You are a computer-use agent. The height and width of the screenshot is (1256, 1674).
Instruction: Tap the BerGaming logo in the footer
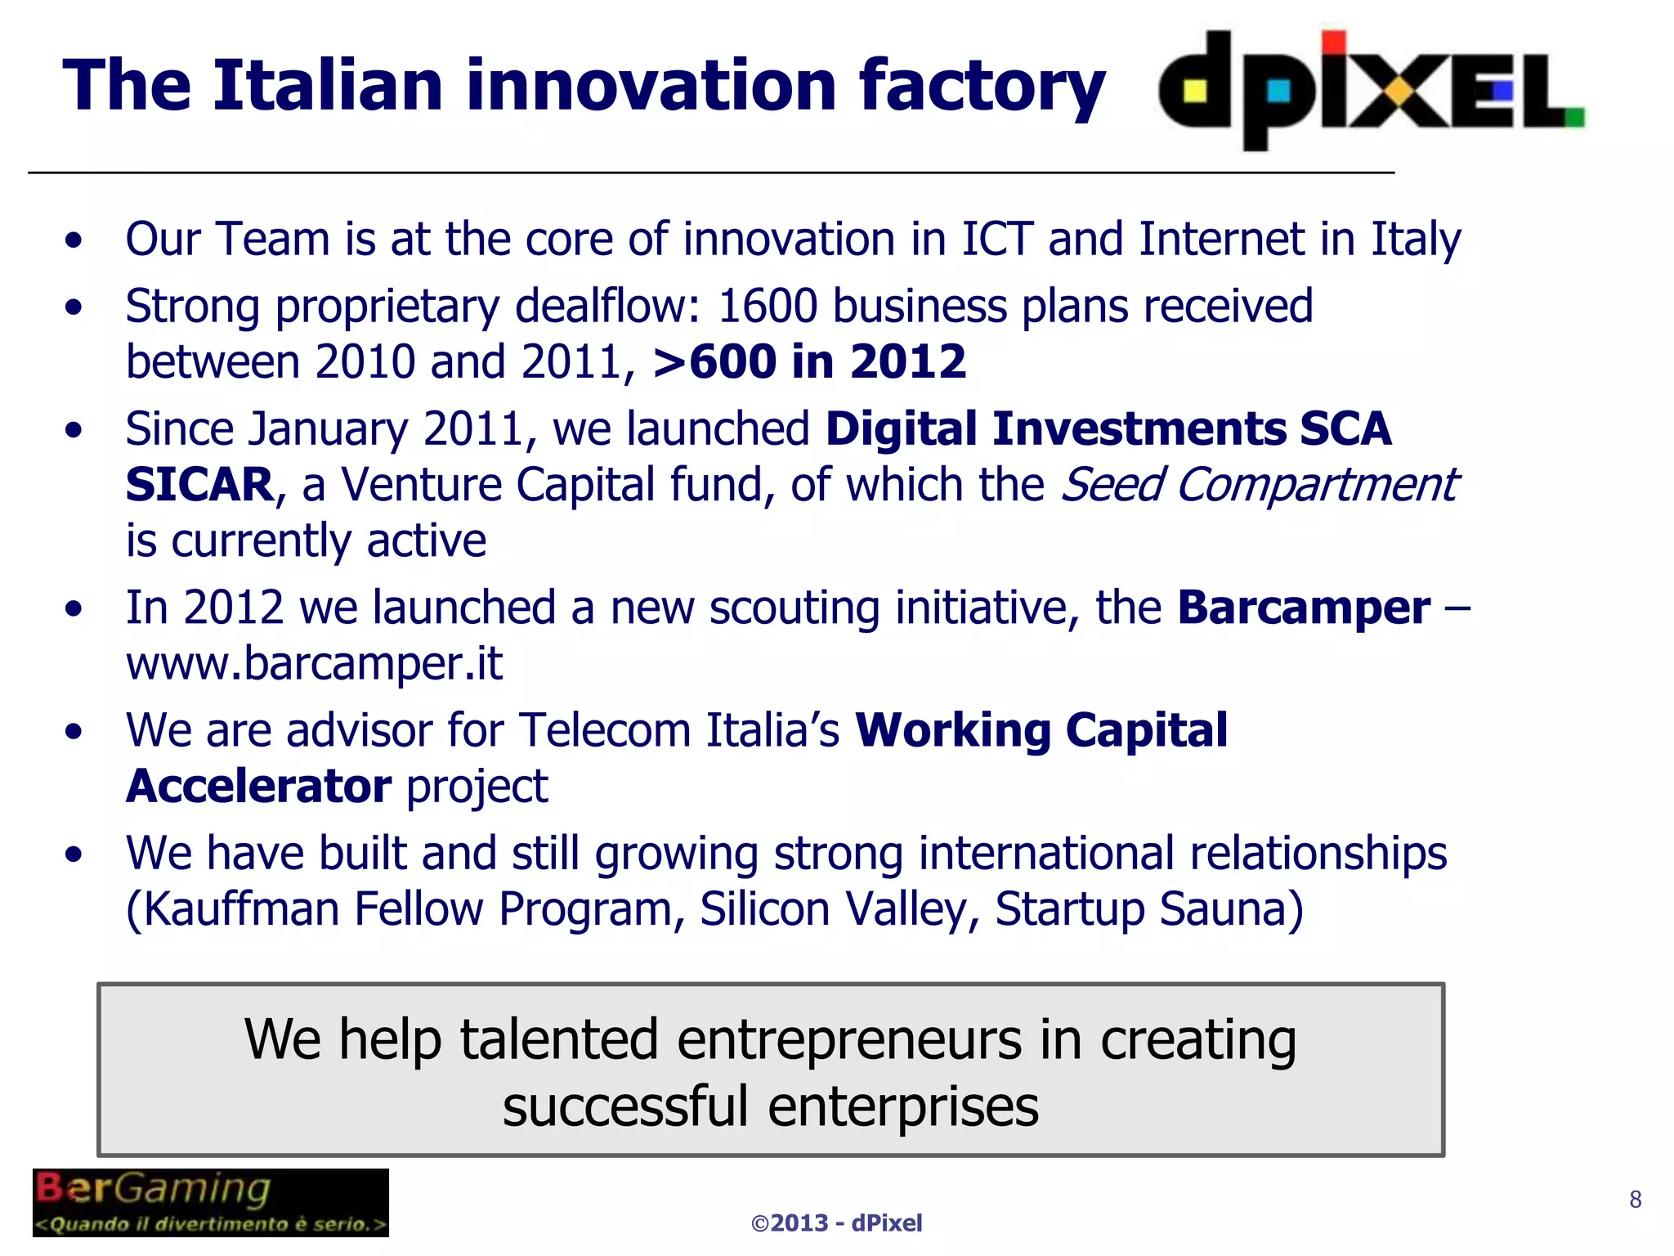210,1202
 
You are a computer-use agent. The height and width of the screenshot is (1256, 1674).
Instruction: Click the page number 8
1635,1199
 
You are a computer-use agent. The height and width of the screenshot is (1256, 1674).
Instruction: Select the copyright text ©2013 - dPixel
836,1222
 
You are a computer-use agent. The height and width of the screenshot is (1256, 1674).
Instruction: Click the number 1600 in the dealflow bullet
768,307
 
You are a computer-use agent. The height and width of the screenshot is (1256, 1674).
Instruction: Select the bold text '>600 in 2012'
809,361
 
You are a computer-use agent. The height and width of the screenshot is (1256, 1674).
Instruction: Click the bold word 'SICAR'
199,485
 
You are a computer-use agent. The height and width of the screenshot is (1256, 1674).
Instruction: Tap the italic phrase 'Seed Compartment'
1259,485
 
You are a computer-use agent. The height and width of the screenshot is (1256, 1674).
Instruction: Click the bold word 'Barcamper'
1304,608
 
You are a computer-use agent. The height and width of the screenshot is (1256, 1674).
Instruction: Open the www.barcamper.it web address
314,663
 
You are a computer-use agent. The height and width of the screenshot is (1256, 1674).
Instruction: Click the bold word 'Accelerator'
258,787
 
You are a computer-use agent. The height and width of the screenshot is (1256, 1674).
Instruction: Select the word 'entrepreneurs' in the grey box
849,1040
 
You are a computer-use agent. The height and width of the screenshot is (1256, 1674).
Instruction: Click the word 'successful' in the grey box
625,1107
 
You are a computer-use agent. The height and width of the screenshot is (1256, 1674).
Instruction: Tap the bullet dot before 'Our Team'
74,240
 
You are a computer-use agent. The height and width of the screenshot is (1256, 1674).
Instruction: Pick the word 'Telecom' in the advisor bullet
606,730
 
